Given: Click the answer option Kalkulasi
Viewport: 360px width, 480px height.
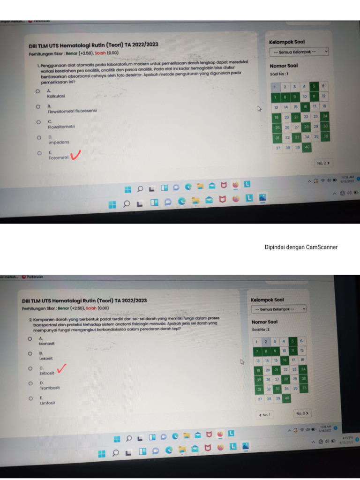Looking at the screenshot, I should (x=56, y=96).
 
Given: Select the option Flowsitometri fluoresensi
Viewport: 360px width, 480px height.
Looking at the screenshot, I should (x=72, y=112).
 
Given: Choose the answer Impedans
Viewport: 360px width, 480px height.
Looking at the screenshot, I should (x=59, y=142).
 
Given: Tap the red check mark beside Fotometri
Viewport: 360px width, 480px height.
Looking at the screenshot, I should (x=75, y=155).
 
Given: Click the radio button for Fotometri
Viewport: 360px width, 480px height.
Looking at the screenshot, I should (x=39, y=153).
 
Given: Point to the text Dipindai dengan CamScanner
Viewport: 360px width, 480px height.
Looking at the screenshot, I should (x=301, y=247).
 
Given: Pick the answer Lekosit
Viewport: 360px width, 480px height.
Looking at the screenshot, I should (x=46, y=358).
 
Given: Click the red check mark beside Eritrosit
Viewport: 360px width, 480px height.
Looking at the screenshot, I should (x=60, y=370).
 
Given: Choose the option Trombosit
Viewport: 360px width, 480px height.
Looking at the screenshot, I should (x=49, y=388).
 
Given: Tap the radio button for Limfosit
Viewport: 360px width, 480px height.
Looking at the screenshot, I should (x=30, y=398).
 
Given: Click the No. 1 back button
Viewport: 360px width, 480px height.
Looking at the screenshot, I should (x=263, y=415).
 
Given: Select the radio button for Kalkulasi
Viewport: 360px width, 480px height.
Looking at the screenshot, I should (x=37, y=92).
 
